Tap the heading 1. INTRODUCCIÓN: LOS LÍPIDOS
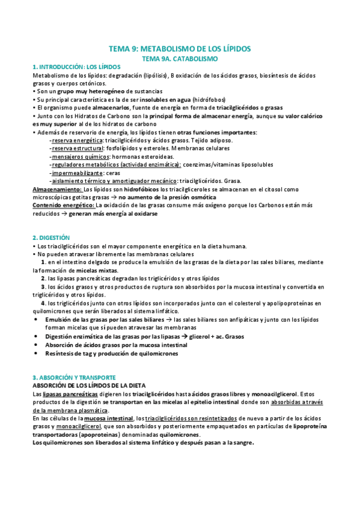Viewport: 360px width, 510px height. [x=76, y=67]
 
